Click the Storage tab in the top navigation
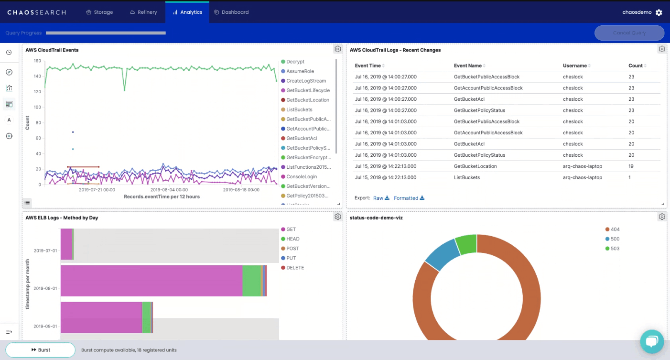(99, 12)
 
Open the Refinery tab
(143, 12)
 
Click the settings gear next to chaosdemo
(659, 12)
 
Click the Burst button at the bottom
(41, 350)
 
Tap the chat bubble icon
(652, 341)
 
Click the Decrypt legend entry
(295, 62)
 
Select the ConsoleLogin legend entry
(301, 177)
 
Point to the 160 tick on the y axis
(37, 61)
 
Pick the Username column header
(574, 65)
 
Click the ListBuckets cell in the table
(466, 177)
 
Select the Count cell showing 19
(631, 166)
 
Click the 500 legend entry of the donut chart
(615, 239)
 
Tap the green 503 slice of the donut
(466, 244)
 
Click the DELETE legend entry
(295, 268)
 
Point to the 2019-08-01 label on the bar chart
(45, 288)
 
